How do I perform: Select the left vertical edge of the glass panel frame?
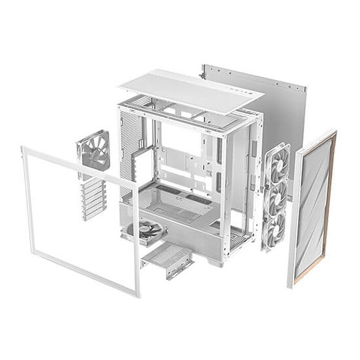tap(27, 199)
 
